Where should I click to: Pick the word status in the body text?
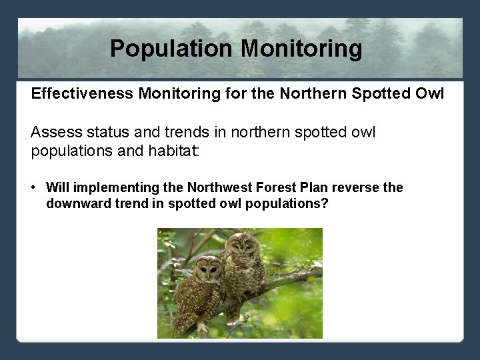[107, 133]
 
